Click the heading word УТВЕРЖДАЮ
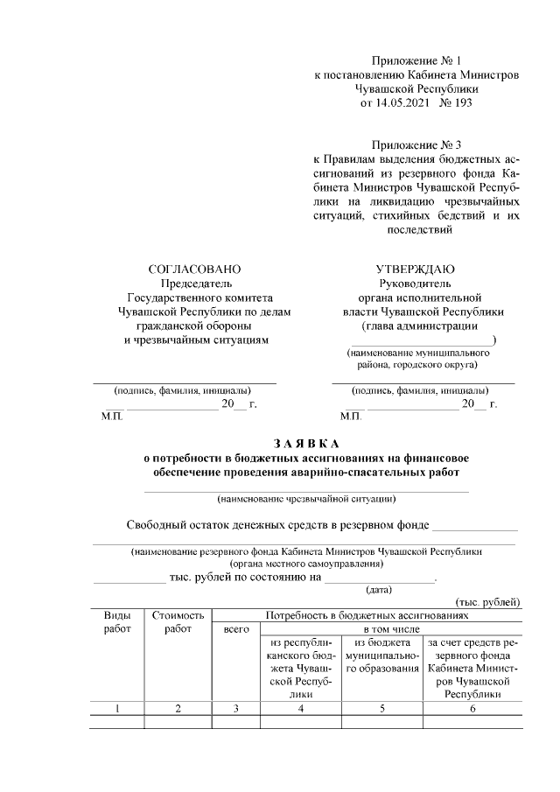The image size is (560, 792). pyautogui.click(x=415, y=269)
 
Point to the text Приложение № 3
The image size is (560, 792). pyautogui.click(x=416, y=144)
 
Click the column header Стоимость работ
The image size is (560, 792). pyautogui.click(x=178, y=622)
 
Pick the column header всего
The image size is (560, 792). pyautogui.click(x=236, y=629)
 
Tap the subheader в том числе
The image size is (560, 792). pyautogui.click(x=391, y=629)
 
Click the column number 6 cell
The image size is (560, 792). pyautogui.click(x=472, y=709)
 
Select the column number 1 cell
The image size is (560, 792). pyautogui.click(x=118, y=709)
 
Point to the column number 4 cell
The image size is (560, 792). pyautogui.click(x=300, y=709)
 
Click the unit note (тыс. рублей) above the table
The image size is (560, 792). pyautogui.click(x=488, y=602)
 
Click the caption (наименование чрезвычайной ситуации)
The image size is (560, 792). pyautogui.click(x=306, y=500)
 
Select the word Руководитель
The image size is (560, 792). pyautogui.click(x=415, y=283)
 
